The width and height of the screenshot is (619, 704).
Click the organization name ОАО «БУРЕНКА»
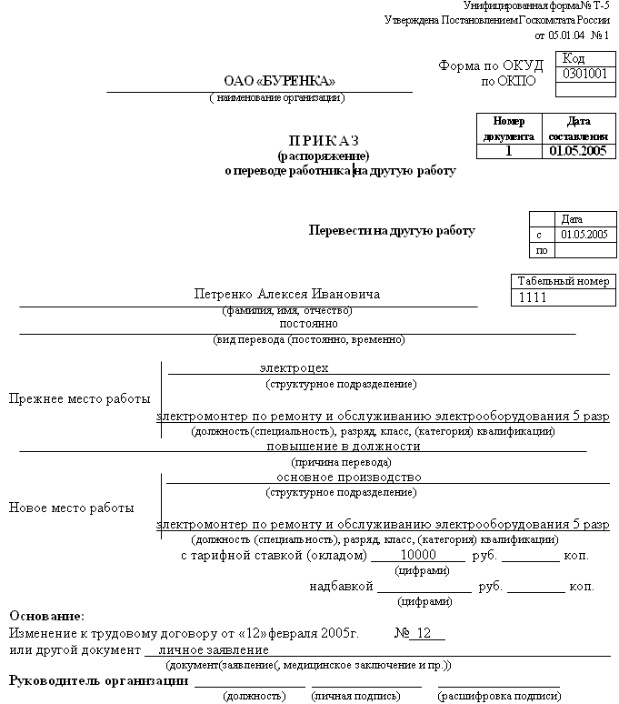[272, 80]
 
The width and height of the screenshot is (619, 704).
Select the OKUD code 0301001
[585, 75]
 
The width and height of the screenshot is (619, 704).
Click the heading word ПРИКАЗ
[324, 140]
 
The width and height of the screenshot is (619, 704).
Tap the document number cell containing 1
[509, 151]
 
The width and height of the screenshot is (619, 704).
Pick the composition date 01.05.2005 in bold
[577, 151]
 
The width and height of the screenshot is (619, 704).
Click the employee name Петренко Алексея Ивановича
[287, 295]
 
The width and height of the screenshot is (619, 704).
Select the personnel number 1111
[533, 297]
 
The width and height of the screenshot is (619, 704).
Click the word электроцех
[294, 368]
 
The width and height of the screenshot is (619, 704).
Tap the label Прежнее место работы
[78, 399]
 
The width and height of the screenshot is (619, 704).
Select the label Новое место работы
[72, 508]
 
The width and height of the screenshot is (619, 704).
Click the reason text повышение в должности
[343, 447]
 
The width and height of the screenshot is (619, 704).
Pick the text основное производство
[349, 478]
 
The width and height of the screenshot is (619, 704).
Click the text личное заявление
[213, 650]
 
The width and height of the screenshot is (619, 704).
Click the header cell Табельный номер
[563, 281]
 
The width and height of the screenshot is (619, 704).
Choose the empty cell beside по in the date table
[584, 250]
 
